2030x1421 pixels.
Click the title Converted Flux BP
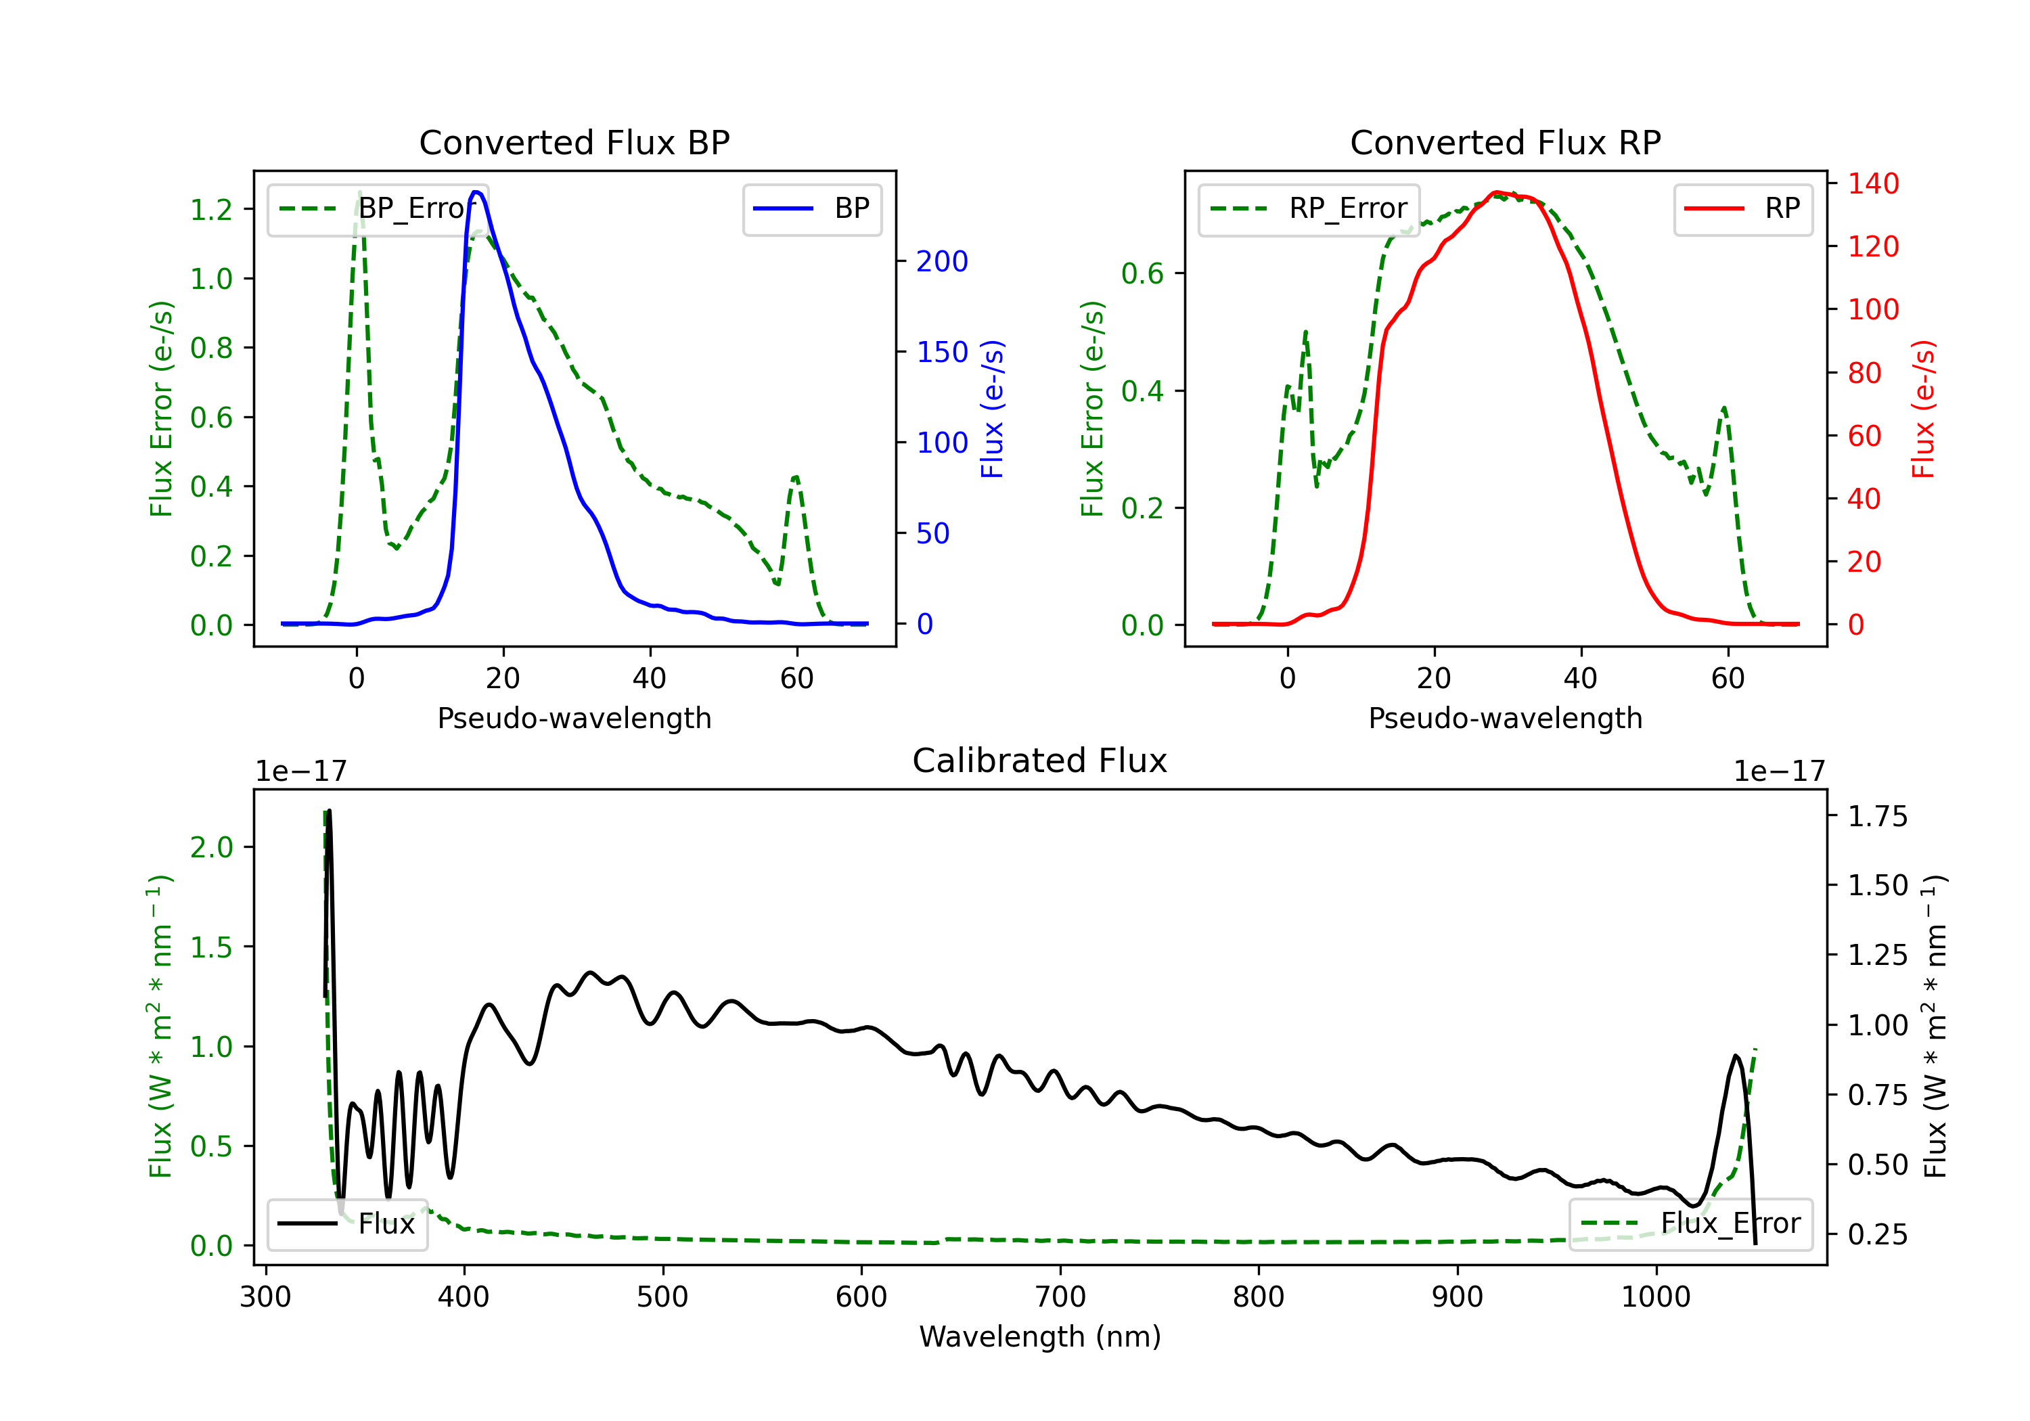tap(574, 142)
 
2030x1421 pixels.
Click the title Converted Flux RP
tap(1505, 142)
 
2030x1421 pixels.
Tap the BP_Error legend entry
tap(378, 208)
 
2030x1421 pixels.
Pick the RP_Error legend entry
tap(1309, 208)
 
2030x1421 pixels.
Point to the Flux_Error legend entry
tap(1690, 1224)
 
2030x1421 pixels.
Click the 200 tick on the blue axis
tap(942, 261)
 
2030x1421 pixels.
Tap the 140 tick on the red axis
tap(1872, 184)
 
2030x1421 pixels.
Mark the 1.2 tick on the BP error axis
tap(211, 210)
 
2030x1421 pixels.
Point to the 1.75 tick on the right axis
tap(1877, 816)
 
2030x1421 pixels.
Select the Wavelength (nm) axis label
tap(1040, 1336)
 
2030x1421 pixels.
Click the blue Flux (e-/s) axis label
tap(992, 409)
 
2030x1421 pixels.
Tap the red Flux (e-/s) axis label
tap(1923, 409)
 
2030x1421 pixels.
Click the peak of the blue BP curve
tap(476, 192)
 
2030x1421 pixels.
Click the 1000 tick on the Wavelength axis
tap(1655, 1297)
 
